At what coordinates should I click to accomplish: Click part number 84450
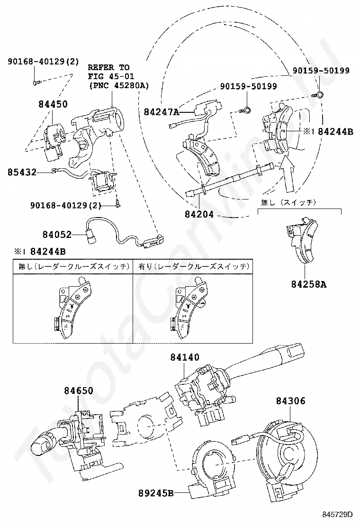53,104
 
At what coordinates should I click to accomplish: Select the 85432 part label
22,173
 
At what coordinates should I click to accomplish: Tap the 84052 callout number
57,234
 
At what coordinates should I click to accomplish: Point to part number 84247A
162,112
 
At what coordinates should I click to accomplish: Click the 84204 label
199,214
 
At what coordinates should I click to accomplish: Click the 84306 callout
291,401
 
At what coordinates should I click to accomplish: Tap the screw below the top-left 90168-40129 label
36,82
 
